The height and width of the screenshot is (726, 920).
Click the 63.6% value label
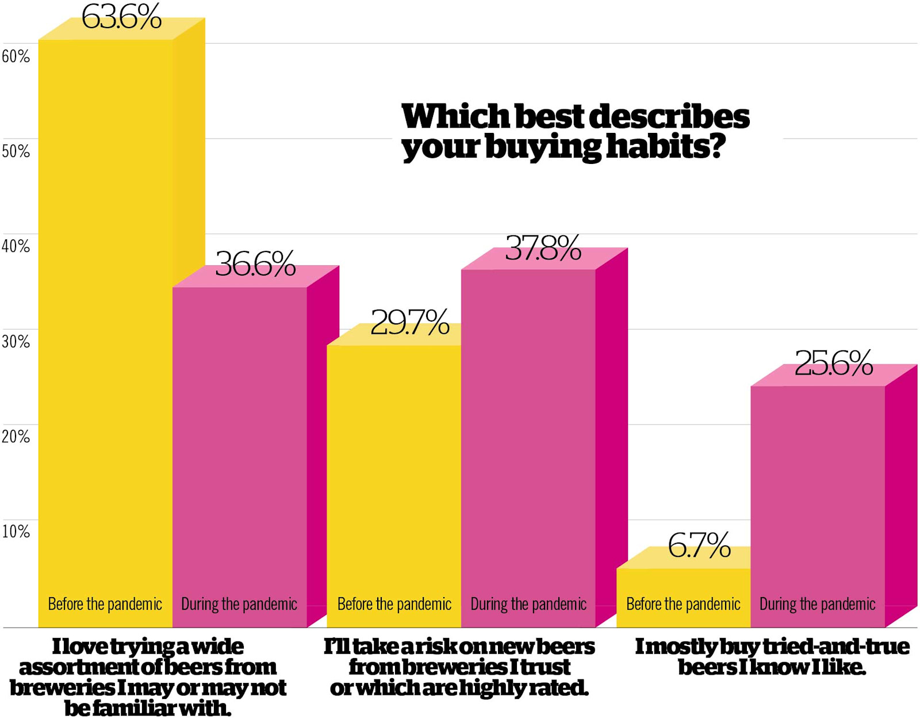coord(121,17)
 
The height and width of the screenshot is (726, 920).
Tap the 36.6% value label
coord(255,264)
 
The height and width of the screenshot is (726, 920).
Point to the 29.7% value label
coord(409,322)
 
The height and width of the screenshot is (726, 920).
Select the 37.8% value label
coord(543,249)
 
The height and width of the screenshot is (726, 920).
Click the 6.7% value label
coord(699,545)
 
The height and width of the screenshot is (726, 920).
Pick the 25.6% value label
coord(834,364)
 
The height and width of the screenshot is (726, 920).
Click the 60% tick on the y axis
coord(16,56)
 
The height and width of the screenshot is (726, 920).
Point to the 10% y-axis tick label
coord(16,532)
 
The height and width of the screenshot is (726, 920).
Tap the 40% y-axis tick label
coord(16,247)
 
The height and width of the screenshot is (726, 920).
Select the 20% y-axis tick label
coord(16,437)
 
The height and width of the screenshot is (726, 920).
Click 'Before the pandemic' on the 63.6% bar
coord(105,604)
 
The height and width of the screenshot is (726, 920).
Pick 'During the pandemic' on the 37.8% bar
coord(528,604)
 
